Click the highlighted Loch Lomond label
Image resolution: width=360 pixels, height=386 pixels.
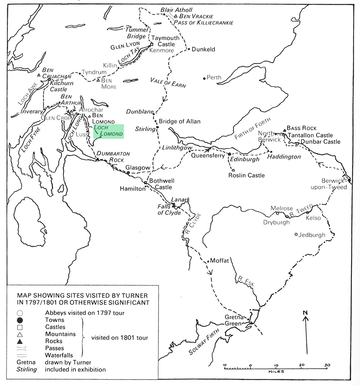click(x=109, y=131)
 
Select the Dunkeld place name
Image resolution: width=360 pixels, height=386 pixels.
click(x=203, y=49)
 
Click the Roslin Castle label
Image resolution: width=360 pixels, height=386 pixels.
click(x=246, y=175)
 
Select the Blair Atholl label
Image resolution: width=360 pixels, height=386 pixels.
click(x=176, y=10)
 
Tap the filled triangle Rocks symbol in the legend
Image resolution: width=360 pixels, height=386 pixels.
click(x=20, y=341)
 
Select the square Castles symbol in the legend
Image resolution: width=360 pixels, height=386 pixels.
click(x=20, y=327)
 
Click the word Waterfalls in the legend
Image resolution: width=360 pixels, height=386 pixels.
click(x=59, y=355)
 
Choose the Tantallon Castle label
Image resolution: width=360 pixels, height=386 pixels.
click(x=310, y=135)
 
